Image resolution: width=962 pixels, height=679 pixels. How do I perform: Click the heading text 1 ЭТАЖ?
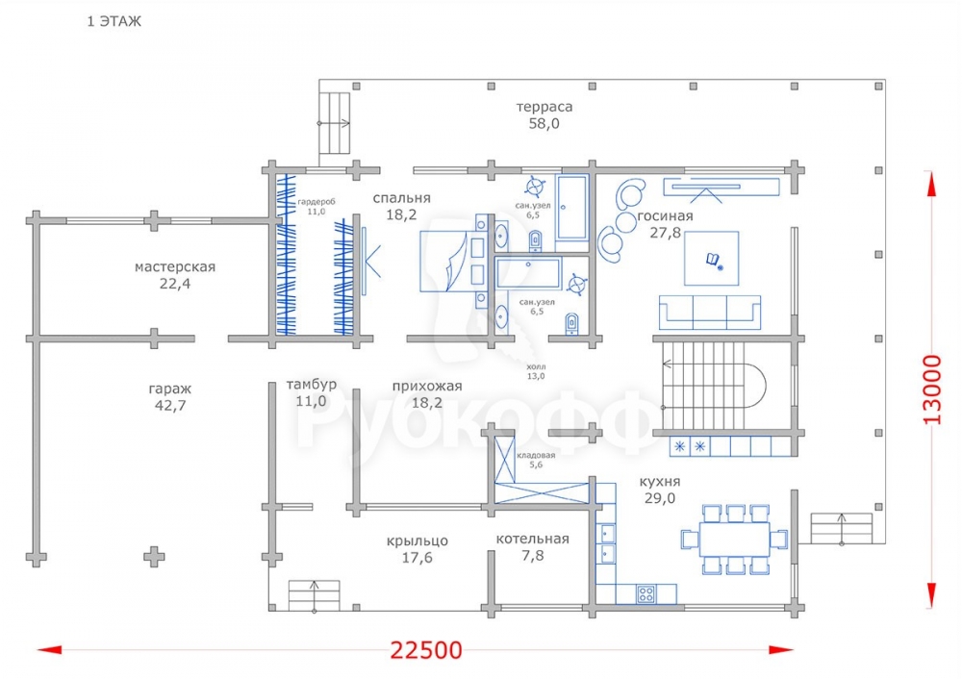(x=114, y=21)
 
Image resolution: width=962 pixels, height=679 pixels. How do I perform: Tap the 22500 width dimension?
(x=426, y=650)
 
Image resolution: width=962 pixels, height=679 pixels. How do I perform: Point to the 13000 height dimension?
(x=932, y=389)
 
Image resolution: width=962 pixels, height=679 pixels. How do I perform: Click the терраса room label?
(x=544, y=107)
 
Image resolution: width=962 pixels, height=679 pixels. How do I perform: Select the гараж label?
(x=170, y=389)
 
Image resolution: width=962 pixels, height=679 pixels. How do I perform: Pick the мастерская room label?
(x=175, y=266)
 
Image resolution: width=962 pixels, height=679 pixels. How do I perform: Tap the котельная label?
(x=533, y=539)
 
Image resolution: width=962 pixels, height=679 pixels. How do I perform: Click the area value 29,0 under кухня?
(x=660, y=498)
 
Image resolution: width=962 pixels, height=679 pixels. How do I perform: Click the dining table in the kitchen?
(x=734, y=540)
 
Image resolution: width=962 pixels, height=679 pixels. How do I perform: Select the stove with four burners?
(x=646, y=593)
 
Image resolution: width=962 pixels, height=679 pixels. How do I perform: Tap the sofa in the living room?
(x=710, y=313)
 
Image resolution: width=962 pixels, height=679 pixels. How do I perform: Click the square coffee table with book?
(x=712, y=258)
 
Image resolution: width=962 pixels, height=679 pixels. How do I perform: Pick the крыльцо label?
(x=418, y=541)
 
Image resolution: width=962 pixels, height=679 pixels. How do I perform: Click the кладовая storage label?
(x=536, y=455)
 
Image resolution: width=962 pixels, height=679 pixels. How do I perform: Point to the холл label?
(x=536, y=366)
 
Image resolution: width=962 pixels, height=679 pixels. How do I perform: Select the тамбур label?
(x=311, y=385)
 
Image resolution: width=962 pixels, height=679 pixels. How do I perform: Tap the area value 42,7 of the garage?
(x=170, y=406)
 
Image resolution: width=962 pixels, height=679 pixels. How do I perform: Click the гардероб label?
(x=316, y=202)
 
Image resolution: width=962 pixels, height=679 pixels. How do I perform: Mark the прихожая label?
(x=427, y=387)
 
